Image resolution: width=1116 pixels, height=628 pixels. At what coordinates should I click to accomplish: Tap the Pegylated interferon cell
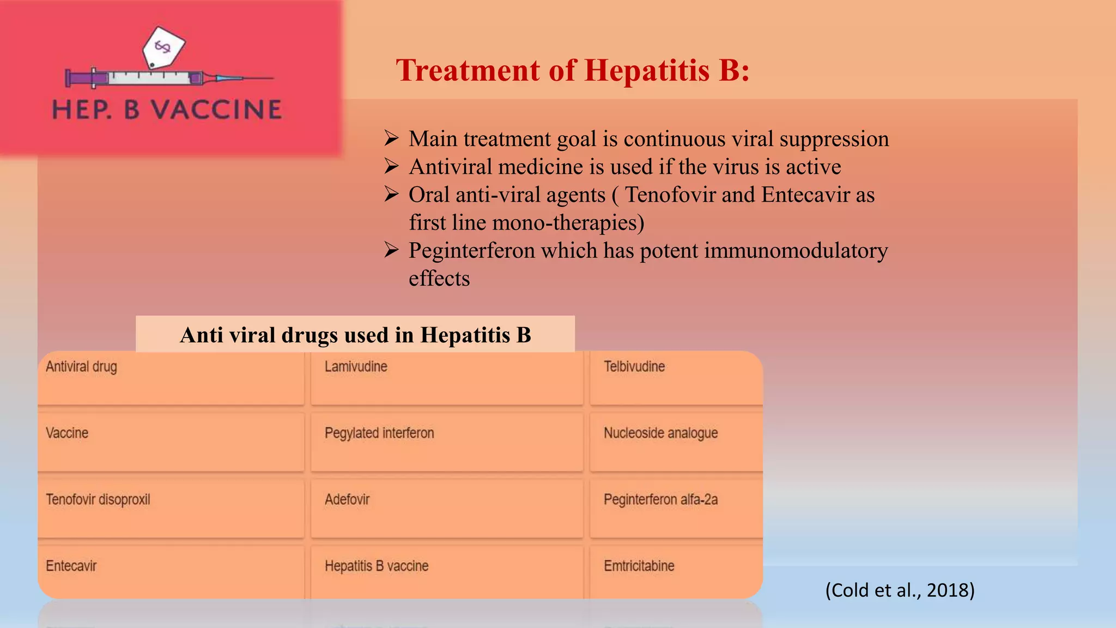[446, 442]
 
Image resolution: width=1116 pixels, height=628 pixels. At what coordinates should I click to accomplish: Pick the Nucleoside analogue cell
[676, 442]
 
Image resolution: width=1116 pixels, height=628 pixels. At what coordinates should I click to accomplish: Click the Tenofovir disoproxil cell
[171, 509]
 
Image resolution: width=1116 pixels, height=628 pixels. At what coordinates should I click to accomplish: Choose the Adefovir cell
[446, 509]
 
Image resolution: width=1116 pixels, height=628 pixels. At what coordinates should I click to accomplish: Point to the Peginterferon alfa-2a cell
[676, 509]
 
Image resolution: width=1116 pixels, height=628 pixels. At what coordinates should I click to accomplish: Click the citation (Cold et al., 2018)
[900, 590]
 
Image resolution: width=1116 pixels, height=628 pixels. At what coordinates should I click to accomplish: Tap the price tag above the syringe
[163, 47]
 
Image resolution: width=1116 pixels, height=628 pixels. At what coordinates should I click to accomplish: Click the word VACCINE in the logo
[216, 110]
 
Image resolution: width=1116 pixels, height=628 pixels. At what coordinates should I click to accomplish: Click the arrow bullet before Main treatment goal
[391, 138]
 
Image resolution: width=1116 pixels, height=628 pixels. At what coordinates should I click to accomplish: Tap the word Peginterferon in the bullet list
[472, 251]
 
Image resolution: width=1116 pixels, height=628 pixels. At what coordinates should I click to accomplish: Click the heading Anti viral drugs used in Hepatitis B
[355, 335]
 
